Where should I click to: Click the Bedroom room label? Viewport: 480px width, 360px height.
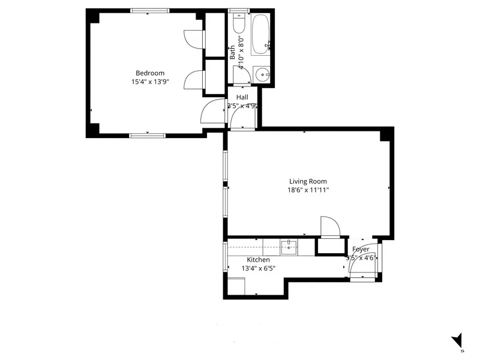[149, 73]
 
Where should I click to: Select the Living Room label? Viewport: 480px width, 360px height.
[308, 181]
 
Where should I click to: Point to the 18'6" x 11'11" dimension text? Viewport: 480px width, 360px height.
[308, 190]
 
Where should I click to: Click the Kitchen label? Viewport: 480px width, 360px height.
[258, 260]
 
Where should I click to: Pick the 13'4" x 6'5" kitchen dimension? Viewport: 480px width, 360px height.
[258, 268]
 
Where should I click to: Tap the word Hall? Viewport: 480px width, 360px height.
[242, 97]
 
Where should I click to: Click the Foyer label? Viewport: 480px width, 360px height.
[361, 249]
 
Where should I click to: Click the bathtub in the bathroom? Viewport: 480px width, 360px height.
[262, 35]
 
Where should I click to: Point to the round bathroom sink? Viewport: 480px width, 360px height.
[262, 74]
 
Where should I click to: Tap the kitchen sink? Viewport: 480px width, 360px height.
[289, 246]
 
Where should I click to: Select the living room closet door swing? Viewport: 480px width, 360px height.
[330, 227]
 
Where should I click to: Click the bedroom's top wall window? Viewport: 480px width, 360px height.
[149, 10]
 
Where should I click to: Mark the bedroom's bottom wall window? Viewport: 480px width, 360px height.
[148, 135]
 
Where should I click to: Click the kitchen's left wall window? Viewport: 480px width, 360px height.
[226, 257]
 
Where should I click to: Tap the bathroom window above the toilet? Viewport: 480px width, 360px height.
[238, 11]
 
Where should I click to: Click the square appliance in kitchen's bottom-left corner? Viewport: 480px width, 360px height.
[236, 287]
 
